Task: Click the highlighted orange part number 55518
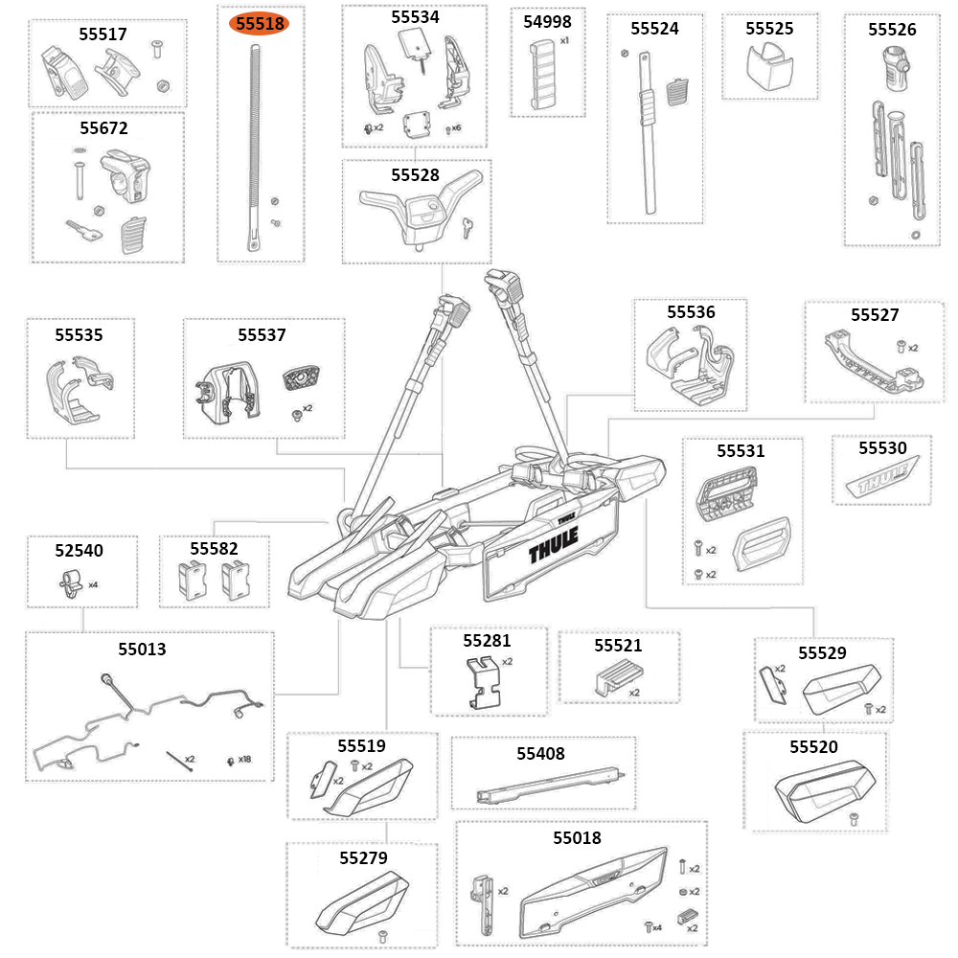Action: (x=260, y=24)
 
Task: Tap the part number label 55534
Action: (x=415, y=17)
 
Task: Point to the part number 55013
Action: (x=142, y=649)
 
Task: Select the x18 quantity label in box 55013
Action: (x=244, y=760)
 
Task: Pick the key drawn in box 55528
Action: (x=467, y=226)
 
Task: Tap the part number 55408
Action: (x=540, y=753)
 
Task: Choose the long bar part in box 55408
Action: (x=551, y=787)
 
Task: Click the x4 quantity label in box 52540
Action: (x=93, y=583)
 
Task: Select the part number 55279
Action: (x=363, y=857)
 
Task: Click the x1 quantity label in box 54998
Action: (x=564, y=41)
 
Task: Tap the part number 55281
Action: (x=487, y=640)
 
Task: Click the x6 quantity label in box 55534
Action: (x=456, y=127)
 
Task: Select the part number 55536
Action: (x=691, y=311)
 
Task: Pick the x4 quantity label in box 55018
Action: (x=657, y=927)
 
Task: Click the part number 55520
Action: (x=813, y=746)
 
